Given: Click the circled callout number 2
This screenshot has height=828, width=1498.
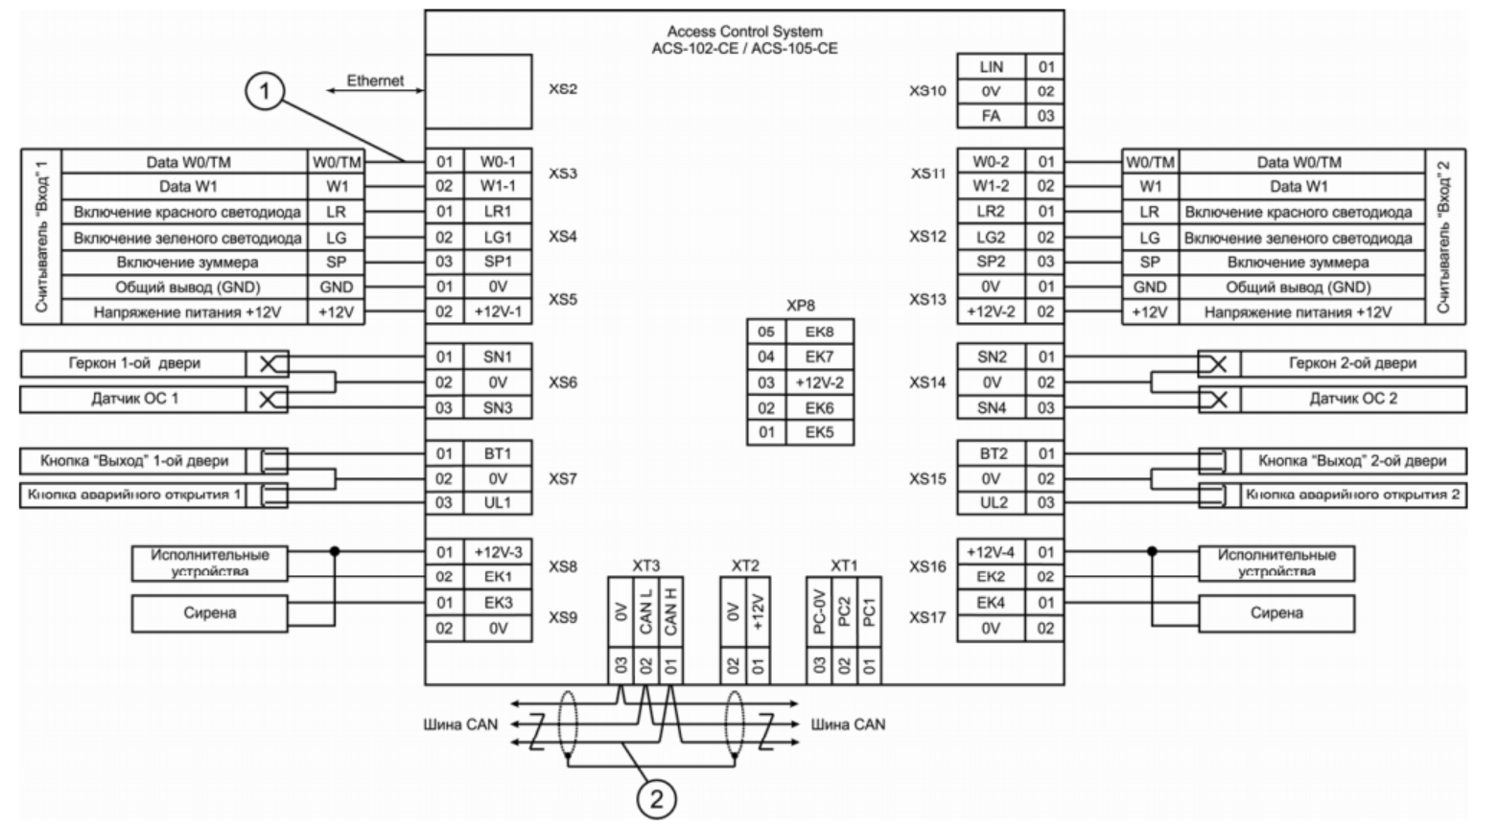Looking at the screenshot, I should (x=657, y=798).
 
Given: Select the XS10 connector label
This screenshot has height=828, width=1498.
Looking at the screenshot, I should (x=927, y=91).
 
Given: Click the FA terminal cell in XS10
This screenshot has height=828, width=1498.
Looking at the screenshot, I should (x=991, y=116).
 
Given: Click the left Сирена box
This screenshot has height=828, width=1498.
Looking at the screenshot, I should (x=209, y=613).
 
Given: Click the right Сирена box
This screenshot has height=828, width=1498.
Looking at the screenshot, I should (x=1276, y=613).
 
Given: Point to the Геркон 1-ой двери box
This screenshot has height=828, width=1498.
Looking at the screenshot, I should (x=134, y=364).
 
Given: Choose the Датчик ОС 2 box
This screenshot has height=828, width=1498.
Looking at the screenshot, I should (x=1352, y=399).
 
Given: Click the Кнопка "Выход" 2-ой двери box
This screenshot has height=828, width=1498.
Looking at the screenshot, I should (x=1351, y=461).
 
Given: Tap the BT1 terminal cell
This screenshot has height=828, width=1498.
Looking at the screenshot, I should (x=498, y=453).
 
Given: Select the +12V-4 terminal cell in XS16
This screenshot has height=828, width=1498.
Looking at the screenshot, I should (x=991, y=553).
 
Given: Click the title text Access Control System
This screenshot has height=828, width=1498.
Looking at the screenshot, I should (x=744, y=32).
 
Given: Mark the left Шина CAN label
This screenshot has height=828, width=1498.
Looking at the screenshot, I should (x=460, y=724).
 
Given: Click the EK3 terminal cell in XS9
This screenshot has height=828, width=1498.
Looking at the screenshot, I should (x=498, y=603).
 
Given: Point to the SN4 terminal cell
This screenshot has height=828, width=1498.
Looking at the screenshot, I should (x=991, y=407).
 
